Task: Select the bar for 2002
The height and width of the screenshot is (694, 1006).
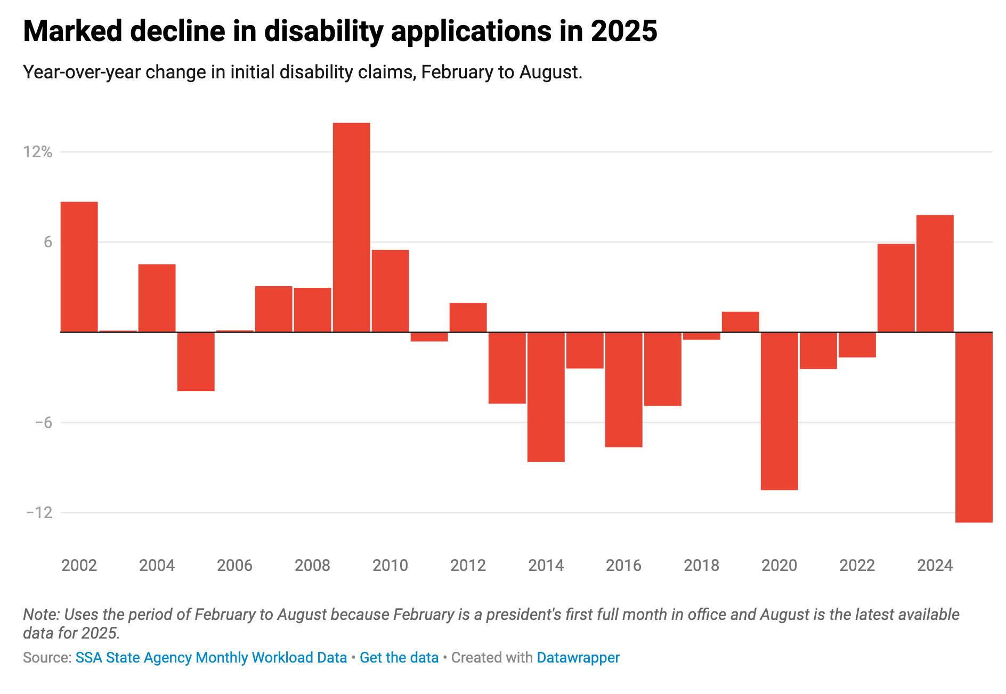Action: pos(79,267)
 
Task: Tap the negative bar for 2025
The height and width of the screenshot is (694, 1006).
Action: pos(973,427)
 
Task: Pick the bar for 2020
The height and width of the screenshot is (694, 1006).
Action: pos(779,411)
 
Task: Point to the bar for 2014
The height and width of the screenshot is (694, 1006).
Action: pos(546,397)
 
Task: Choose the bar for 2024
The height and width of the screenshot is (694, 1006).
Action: pos(935,273)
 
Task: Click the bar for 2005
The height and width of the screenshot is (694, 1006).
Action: pos(196,362)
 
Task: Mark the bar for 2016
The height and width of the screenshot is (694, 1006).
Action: pos(623,390)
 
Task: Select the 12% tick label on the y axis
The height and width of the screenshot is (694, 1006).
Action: pos(37,152)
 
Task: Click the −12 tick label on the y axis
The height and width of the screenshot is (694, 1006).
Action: pos(39,513)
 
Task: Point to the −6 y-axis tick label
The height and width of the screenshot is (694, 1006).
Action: pos(43,423)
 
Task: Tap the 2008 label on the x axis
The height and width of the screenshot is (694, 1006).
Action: pos(312,566)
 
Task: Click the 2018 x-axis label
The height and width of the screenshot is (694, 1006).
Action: pos(701,566)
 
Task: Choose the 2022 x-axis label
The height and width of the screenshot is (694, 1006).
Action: pos(857,566)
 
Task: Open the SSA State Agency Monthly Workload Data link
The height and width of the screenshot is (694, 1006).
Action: pos(211,658)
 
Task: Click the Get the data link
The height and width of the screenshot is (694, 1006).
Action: pos(399,658)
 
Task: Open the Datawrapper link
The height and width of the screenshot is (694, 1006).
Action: pos(578,658)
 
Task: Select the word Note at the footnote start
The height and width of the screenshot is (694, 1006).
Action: pos(40,615)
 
